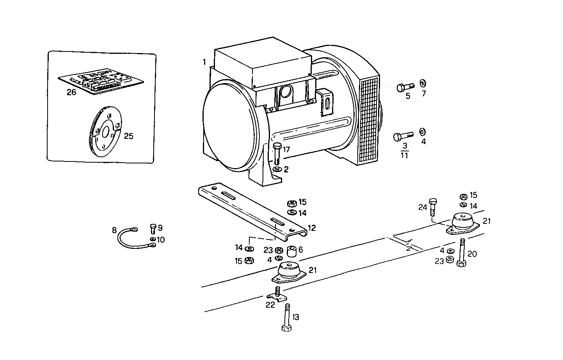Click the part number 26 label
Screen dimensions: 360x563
[x=71, y=92]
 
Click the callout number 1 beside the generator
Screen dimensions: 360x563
[x=204, y=62]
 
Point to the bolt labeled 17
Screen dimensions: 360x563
[x=277, y=154]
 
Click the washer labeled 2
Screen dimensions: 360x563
[x=277, y=169]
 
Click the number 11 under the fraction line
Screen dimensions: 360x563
[x=404, y=155]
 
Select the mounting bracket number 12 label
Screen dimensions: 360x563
[x=311, y=228]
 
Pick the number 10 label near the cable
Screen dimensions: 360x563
[x=160, y=239]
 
